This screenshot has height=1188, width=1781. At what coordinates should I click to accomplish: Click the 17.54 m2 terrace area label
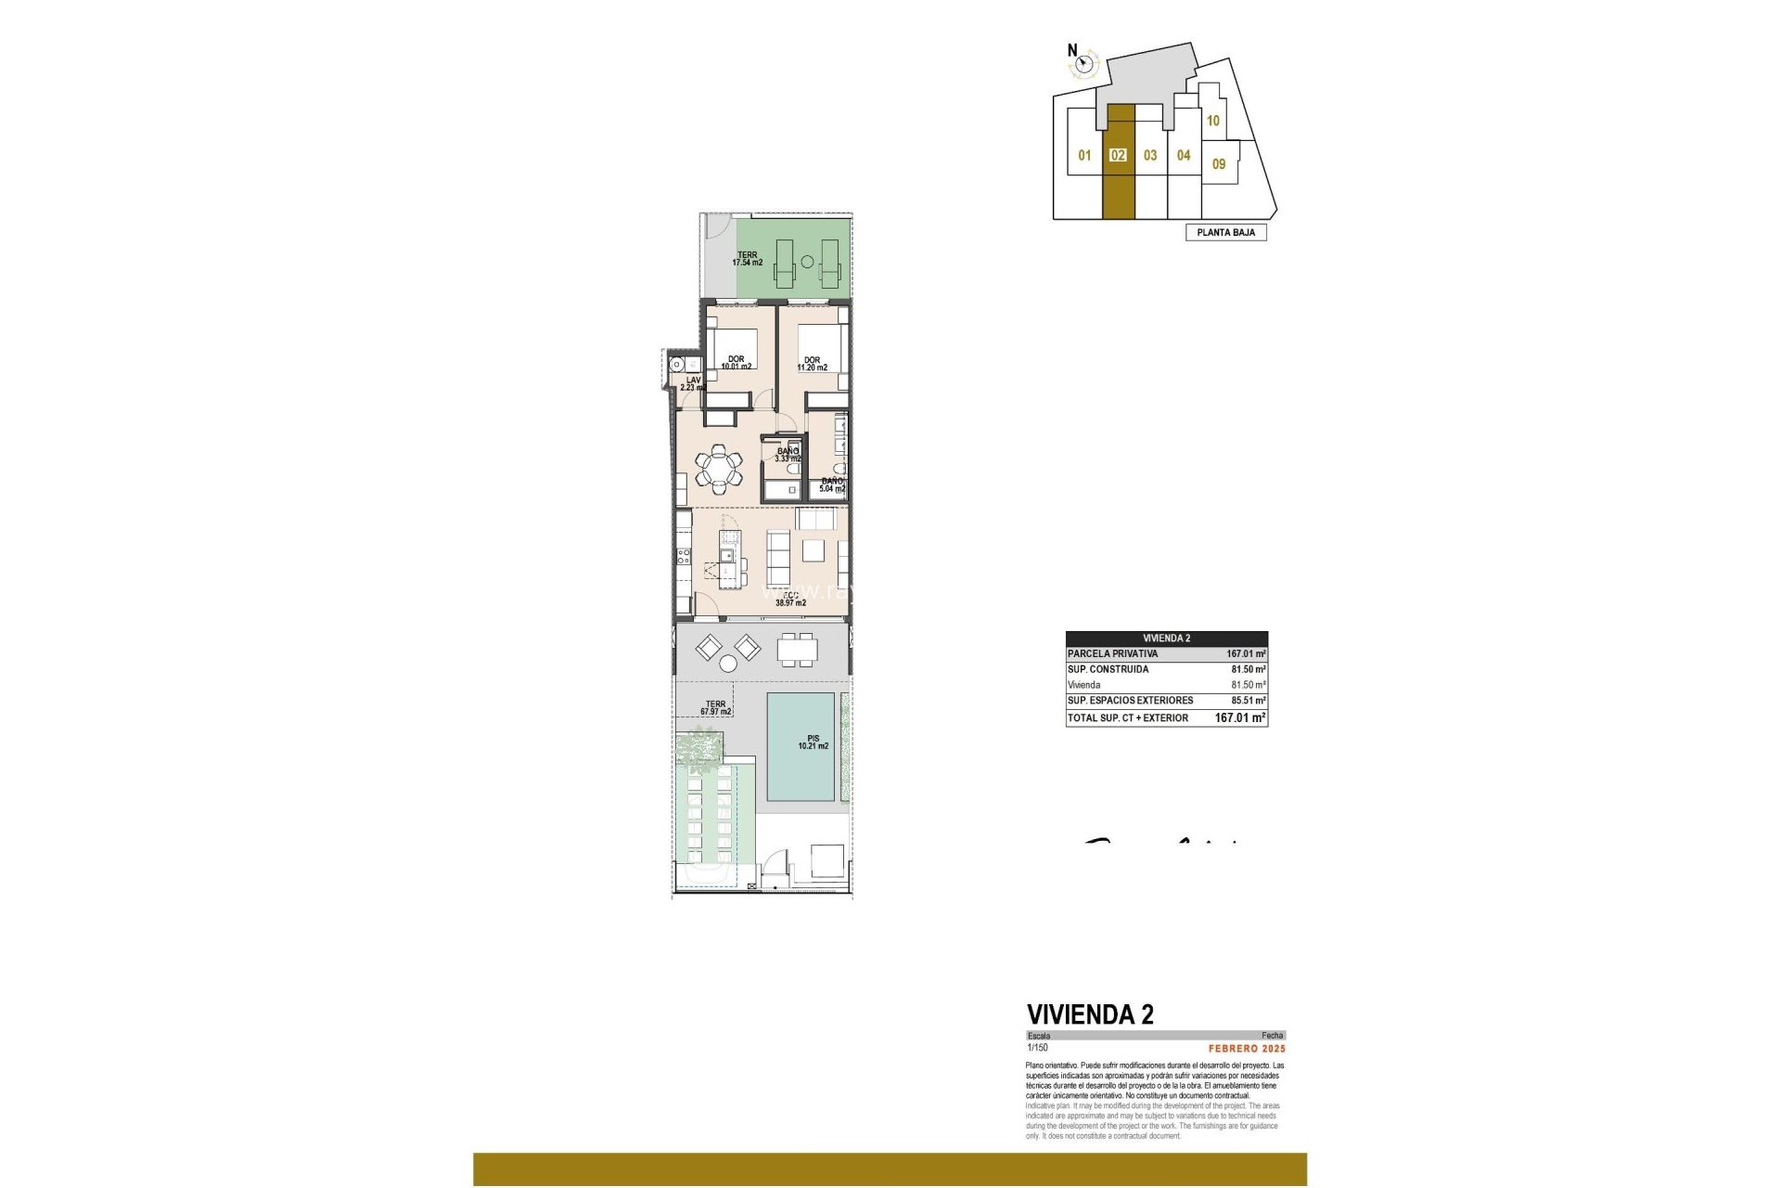click(747, 259)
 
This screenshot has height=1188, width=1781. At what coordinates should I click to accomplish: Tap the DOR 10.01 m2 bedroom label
click(736, 363)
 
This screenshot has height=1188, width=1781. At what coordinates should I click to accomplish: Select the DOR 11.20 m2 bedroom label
click(812, 364)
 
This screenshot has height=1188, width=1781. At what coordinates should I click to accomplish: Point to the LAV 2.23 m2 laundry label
click(693, 383)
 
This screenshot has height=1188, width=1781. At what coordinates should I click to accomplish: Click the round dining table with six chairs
click(719, 466)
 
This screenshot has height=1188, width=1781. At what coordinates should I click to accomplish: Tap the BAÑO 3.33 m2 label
click(788, 454)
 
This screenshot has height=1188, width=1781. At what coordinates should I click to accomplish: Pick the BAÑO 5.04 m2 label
click(832, 484)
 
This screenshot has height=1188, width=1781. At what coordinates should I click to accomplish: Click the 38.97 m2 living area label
click(790, 600)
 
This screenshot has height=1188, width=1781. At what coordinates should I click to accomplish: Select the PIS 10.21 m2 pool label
click(813, 742)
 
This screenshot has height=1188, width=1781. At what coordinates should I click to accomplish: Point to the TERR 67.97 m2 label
click(715, 708)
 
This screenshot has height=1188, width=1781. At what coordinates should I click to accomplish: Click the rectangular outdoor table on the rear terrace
click(798, 649)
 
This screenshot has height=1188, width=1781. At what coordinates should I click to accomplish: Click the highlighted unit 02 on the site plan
click(1119, 156)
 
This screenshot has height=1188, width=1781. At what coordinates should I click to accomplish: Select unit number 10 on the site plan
click(1212, 121)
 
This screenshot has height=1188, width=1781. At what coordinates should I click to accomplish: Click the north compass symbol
click(1083, 63)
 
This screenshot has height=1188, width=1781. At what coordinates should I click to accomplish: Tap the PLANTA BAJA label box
click(1225, 232)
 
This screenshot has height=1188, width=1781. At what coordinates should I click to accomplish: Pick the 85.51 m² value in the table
click(1248, 701)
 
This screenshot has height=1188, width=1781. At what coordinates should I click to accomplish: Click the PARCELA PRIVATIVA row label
click(1112, 653)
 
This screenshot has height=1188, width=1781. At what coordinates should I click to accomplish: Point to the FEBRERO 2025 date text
click(1246, 1049)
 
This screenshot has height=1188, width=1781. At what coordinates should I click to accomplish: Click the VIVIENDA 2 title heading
click(1090, 1014)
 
